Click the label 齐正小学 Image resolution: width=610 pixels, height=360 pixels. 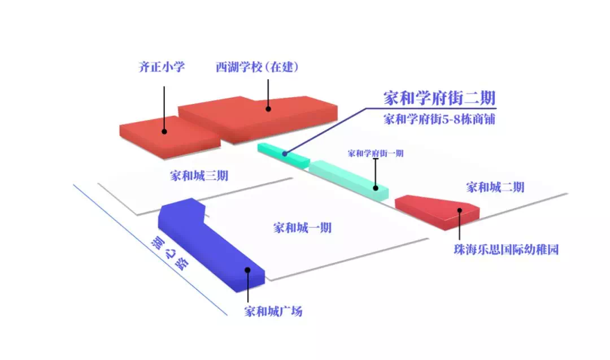162,67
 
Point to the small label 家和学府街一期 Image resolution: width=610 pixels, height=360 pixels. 376,153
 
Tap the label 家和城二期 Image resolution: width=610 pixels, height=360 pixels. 495,187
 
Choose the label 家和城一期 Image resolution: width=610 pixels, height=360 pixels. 302,228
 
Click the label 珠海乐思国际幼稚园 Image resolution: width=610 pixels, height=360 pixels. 506,249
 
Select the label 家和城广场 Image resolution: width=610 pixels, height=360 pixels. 273,311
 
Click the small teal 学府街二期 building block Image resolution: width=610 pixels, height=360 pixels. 282,154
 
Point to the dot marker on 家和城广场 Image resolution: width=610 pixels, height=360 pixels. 248,270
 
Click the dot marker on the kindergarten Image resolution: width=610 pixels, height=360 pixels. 460,210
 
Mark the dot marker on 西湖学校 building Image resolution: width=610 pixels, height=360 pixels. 268,109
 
